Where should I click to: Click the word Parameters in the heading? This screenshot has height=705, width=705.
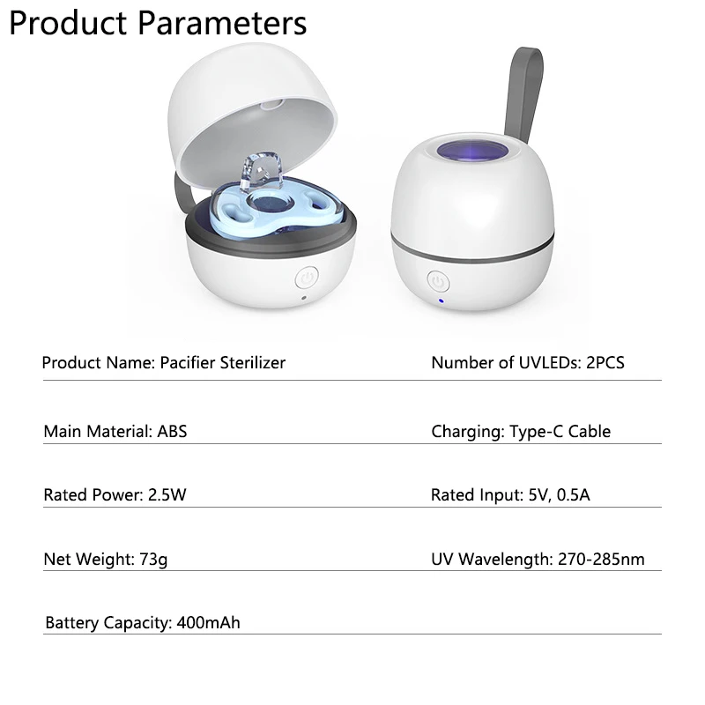(222, 23)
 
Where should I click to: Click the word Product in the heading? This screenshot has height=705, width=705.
(68, 23)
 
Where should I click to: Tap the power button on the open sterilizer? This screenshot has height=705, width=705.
(307, 278)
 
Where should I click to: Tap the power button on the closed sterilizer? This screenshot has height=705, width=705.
(438, 282)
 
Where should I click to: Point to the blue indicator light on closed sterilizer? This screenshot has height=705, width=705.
(442, 301)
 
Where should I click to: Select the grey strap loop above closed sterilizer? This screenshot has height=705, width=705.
(524, 93)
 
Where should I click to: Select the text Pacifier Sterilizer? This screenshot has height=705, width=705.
(223, 363)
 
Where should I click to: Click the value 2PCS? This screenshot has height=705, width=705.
(605, 363)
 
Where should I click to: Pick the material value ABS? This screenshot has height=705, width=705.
(172, 432)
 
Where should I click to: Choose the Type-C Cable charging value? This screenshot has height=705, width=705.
(560, 432)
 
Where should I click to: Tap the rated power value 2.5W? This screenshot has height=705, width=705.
(167, 495)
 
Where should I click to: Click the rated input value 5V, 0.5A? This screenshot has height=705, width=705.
(559, 495)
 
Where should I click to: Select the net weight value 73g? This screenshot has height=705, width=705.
(153, 560)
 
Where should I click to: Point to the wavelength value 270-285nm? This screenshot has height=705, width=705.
(601, 560)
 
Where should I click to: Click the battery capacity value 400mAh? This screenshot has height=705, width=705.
(208, 623)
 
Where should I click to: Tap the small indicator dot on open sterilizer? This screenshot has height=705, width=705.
(304, 298)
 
